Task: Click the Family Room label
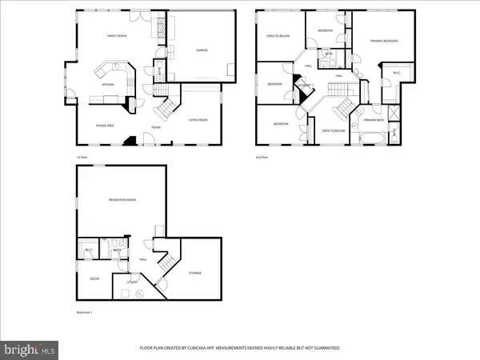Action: (118, 36)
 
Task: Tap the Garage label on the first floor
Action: (202, 50)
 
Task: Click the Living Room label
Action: (198, 120)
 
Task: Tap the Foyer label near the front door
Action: (158, 126)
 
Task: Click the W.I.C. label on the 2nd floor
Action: (396, 74)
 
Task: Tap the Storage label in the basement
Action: (195, 274)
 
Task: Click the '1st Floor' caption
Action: (82, 158)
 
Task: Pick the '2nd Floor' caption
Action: (261, 158)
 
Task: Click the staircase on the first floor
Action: (166, 105)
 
